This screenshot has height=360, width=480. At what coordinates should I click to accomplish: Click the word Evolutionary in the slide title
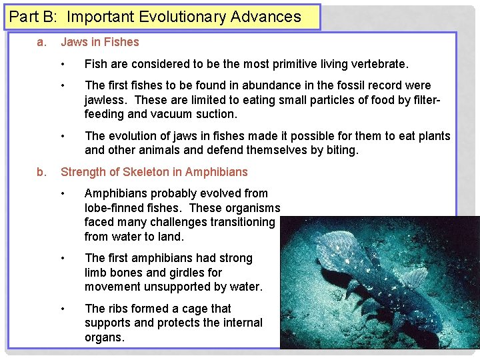coord(181,17)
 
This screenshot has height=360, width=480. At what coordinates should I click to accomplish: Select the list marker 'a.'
coord(41,42)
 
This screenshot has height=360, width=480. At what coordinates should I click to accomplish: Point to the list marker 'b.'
coord(41,172)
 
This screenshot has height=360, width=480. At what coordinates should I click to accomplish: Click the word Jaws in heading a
coord(75,42)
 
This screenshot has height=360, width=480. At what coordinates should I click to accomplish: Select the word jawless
coord(106,100)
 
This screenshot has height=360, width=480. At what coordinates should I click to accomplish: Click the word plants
coord(433,136)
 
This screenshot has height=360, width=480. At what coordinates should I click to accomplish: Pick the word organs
coord(104,337)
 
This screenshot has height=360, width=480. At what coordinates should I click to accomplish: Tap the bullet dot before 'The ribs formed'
coord(62,309)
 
